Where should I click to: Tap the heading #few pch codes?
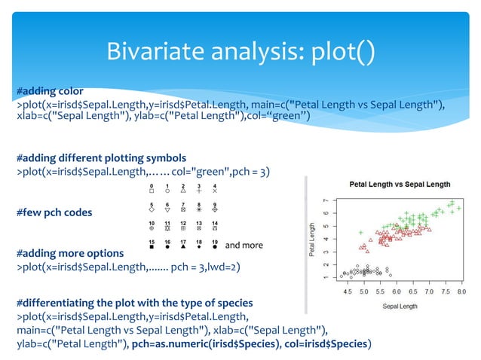[55, 212]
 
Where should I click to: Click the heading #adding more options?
[65, 253]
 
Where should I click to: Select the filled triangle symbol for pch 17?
[183, 247]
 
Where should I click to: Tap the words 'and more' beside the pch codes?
[244, 246]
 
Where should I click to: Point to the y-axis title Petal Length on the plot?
[313, 240]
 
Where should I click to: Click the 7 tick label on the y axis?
[326, 201]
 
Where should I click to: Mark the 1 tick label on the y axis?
[326, 277]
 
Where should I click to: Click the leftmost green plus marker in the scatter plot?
[360, 232]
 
